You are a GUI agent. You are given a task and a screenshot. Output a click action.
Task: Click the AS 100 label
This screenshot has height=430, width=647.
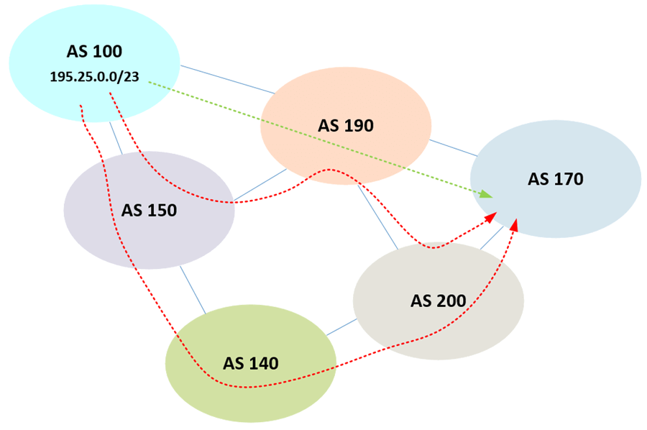tap(94, 51)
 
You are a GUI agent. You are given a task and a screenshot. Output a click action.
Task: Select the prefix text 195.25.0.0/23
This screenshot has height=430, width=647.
tap(94, 76)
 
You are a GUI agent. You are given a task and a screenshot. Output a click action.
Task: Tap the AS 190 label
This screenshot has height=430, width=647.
tap(346, 125)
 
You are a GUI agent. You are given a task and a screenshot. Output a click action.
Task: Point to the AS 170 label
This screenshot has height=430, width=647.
tap(556, 179)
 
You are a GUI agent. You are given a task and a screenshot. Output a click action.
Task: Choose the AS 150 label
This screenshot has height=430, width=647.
tap(149, 211)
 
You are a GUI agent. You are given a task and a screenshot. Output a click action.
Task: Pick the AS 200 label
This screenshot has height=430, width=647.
tap(439, 300)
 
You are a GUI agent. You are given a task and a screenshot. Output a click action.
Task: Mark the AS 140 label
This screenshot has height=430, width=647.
tap(250, 363)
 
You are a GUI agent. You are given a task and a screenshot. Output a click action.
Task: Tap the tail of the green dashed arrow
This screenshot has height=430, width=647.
tap(151, 83)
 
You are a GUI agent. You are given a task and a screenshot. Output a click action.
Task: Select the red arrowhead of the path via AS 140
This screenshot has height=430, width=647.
tap(515, 225)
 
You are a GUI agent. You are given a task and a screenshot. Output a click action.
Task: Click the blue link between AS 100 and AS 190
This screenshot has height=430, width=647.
tap(226, 79)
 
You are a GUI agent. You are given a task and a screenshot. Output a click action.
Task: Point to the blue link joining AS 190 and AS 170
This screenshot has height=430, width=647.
tap(453, 147)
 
